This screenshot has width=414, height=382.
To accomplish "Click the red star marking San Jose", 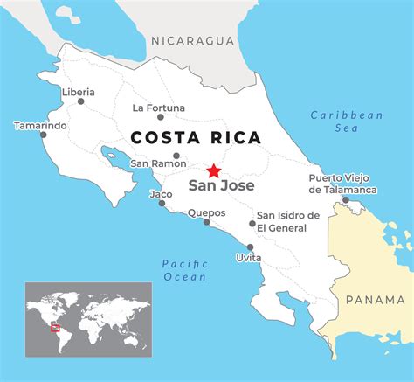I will (x=214, y=170).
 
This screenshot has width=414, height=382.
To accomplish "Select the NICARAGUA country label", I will (x=193, y=40).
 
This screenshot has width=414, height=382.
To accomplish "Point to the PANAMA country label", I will (x=376, y=300).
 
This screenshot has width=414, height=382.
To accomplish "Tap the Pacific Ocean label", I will (x=184, y=270).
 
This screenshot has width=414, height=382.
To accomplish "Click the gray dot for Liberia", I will (x=81, y=101).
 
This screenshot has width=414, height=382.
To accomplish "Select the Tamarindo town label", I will (x=40, y=126).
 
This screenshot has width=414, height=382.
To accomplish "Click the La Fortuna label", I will (x=158, y=108).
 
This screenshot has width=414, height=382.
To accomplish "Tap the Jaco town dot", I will (x=162, y=204).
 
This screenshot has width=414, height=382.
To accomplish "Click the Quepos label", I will (x=206, y=212).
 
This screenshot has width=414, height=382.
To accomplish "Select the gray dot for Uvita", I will (x=251, y=247).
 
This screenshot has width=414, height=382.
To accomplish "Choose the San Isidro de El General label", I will (x=287, y=222).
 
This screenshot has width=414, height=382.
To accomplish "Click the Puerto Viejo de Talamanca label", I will (x=342, y=184).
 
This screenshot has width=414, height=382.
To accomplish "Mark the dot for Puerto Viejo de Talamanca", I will (x=345, y=200).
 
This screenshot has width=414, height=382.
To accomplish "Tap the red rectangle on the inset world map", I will (x=55, y=329).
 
